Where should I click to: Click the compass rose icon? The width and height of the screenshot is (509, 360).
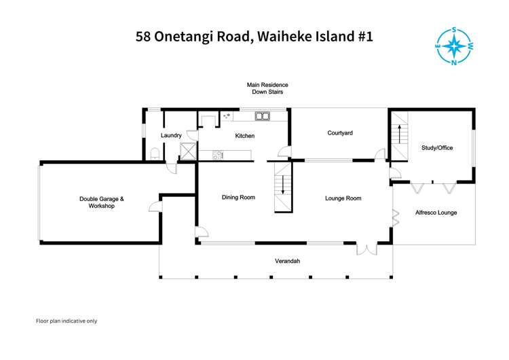pos(456,46)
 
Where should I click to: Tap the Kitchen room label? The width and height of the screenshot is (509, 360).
pos(245,136)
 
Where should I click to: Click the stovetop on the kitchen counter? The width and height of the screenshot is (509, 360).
pos(218,156)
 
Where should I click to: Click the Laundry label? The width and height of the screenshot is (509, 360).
pos(171,136)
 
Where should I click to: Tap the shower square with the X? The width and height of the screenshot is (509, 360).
pos(187,151)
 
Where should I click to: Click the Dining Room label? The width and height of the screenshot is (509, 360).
pos(238,198)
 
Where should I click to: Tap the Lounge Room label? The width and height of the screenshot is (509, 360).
pos(343,198)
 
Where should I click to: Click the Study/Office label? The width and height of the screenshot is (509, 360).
pos(436,147)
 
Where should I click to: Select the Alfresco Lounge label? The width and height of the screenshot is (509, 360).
pos(436,213)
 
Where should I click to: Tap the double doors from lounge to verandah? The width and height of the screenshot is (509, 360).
pos(366,249)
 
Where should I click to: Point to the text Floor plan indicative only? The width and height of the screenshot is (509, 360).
pos(67,321)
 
